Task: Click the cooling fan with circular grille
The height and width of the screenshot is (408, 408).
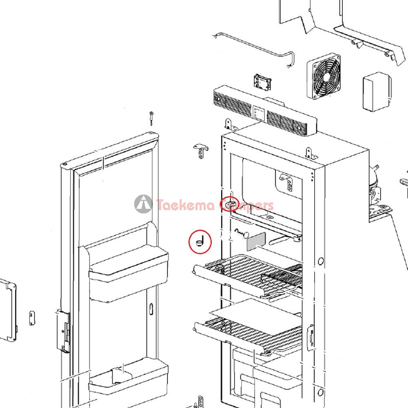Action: point(324,76)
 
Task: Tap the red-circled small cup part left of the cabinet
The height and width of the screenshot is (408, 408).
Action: point(200,242)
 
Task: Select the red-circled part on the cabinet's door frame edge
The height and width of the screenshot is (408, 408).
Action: point(229,204)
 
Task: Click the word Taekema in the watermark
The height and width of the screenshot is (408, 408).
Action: point(186,205)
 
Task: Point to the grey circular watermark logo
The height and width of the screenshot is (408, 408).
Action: point(143,204)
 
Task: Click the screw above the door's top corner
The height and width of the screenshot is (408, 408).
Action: point(151,118)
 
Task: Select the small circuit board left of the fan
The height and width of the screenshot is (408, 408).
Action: point(262,82)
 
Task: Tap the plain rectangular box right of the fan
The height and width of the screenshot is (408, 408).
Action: point(377,92)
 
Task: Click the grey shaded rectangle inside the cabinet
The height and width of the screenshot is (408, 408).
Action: point(256,242)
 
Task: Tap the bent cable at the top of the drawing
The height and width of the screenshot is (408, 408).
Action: point(254,50)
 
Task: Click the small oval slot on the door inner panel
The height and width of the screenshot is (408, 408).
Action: point(151,308)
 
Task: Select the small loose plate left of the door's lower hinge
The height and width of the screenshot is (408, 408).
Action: point(32,318)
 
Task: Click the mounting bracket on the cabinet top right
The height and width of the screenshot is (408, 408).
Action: point(310,153)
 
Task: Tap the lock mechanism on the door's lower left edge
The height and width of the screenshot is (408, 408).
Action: point(63,330)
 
